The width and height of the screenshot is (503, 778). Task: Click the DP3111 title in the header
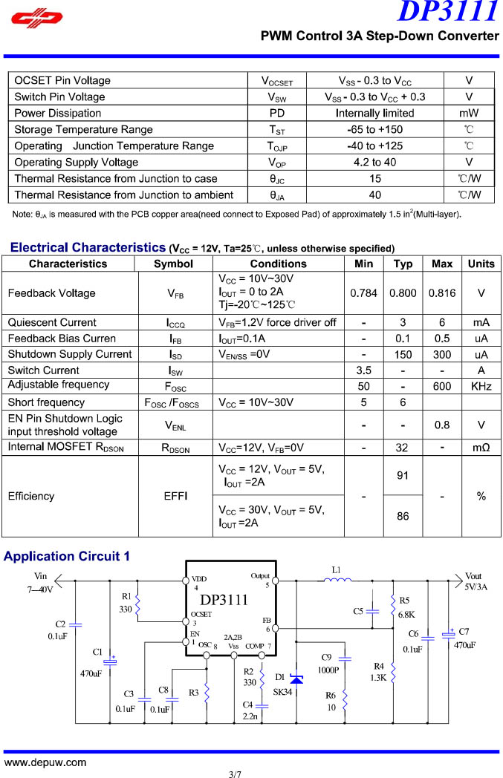click(x=448, y=12)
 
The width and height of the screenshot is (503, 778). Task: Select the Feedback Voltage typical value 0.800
click(x=403, y=293)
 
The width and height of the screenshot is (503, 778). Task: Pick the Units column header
click(x=481, y=264)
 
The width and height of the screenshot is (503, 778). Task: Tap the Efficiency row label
click(x=31, y=496)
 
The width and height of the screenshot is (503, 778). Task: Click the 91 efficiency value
click(x=403, y=476)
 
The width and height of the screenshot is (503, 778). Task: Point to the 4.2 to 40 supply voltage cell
click(x=374, y=162)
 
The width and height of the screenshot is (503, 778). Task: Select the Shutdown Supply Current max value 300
click(x=441, y=354)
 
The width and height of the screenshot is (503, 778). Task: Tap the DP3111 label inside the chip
click(x=224, y=600)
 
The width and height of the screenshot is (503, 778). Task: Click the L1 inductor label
click(x=336, y=570)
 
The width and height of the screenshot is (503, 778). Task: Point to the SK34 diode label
click(x=283, y=691)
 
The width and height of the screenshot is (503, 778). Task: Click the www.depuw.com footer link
click(x=45, y=762)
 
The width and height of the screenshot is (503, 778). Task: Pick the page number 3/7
click(x=236, y=774)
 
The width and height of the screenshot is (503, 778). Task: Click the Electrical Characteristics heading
click(x=88, y=247)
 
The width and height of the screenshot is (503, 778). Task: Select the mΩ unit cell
click(x=481, y=448)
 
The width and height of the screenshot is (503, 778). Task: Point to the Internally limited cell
click(x=374, y=113)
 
